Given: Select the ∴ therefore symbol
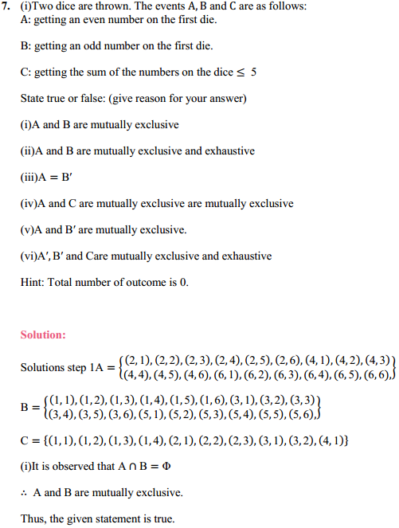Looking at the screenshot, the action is click(25, 493).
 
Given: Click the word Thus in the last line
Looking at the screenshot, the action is click(33, 519).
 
